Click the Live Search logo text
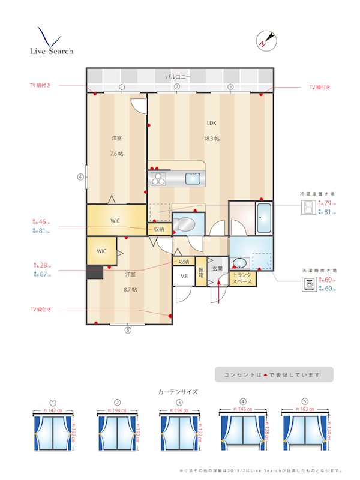click(52, 51)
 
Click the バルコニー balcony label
click(178, 77)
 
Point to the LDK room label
click(211, 123)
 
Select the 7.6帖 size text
click(116, 154)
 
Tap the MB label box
click(183, 277)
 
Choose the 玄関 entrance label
click(217, 269)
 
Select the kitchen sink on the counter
click(193, 178)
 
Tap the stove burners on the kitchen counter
click(158, 178)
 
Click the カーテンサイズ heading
click(178, 392)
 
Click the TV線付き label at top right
click(320, 87)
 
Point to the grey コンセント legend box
click(274, 374)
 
